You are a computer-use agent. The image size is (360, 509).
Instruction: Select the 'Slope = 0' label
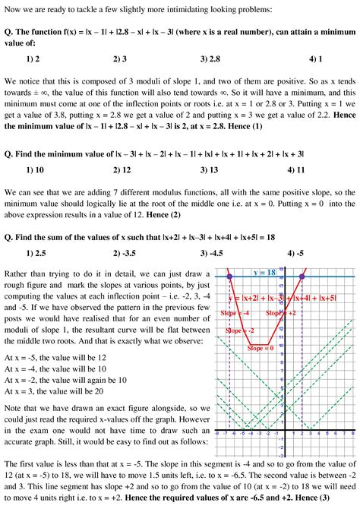(261, 347)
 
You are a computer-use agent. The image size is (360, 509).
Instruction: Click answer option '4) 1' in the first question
(316, 58)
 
